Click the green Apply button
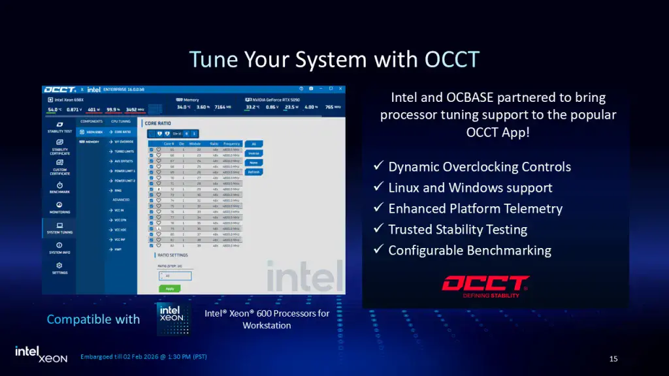[x=169, y=288]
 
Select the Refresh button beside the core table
[x=253, y=172]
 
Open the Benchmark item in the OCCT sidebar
[x=59, y=188]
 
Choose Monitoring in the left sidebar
[x=59, y=208]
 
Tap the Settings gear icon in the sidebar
[x=59, y=266]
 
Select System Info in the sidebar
[x=59, y=248]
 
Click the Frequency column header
[x=231, y=144]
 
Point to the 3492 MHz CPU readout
[x=135, y=109]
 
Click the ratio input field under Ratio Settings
[x=174, y=275]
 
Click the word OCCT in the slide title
[x=451, y=59]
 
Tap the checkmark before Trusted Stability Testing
[x=378, y=229]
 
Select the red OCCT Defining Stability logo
[x=485, y=285]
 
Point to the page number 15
[x=613, y=358]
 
